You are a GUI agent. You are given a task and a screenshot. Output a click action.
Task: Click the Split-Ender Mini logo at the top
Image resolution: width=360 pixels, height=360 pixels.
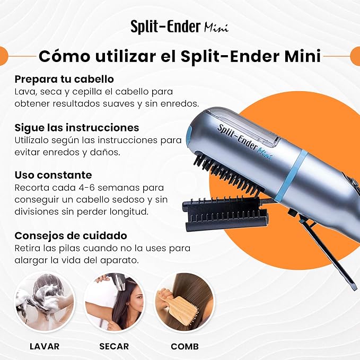point(180,27)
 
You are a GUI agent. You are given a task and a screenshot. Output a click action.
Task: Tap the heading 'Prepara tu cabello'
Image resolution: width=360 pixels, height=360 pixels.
point(64,79)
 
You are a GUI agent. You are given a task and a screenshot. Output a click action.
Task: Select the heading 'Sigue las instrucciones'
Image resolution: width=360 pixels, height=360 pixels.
point(77,128)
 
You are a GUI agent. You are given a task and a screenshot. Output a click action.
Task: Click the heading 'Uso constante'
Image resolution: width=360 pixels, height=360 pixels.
point(53,175)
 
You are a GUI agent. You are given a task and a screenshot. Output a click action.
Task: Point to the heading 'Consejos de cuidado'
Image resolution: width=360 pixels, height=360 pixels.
point(71,236)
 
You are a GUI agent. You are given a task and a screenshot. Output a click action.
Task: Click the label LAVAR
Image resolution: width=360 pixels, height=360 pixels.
point(45,346)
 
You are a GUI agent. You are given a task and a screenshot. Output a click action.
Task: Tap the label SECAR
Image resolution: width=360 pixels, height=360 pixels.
point(114,346)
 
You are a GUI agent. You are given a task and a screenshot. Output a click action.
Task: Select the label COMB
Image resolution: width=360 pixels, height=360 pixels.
point(185,346)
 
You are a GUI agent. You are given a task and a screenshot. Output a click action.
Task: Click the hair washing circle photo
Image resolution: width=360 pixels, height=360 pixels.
point(45,302)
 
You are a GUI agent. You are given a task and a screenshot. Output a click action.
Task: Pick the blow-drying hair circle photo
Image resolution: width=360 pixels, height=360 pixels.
point(114,302)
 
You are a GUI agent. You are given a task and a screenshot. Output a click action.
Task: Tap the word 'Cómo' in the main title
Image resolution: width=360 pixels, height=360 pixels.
point(64,56)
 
